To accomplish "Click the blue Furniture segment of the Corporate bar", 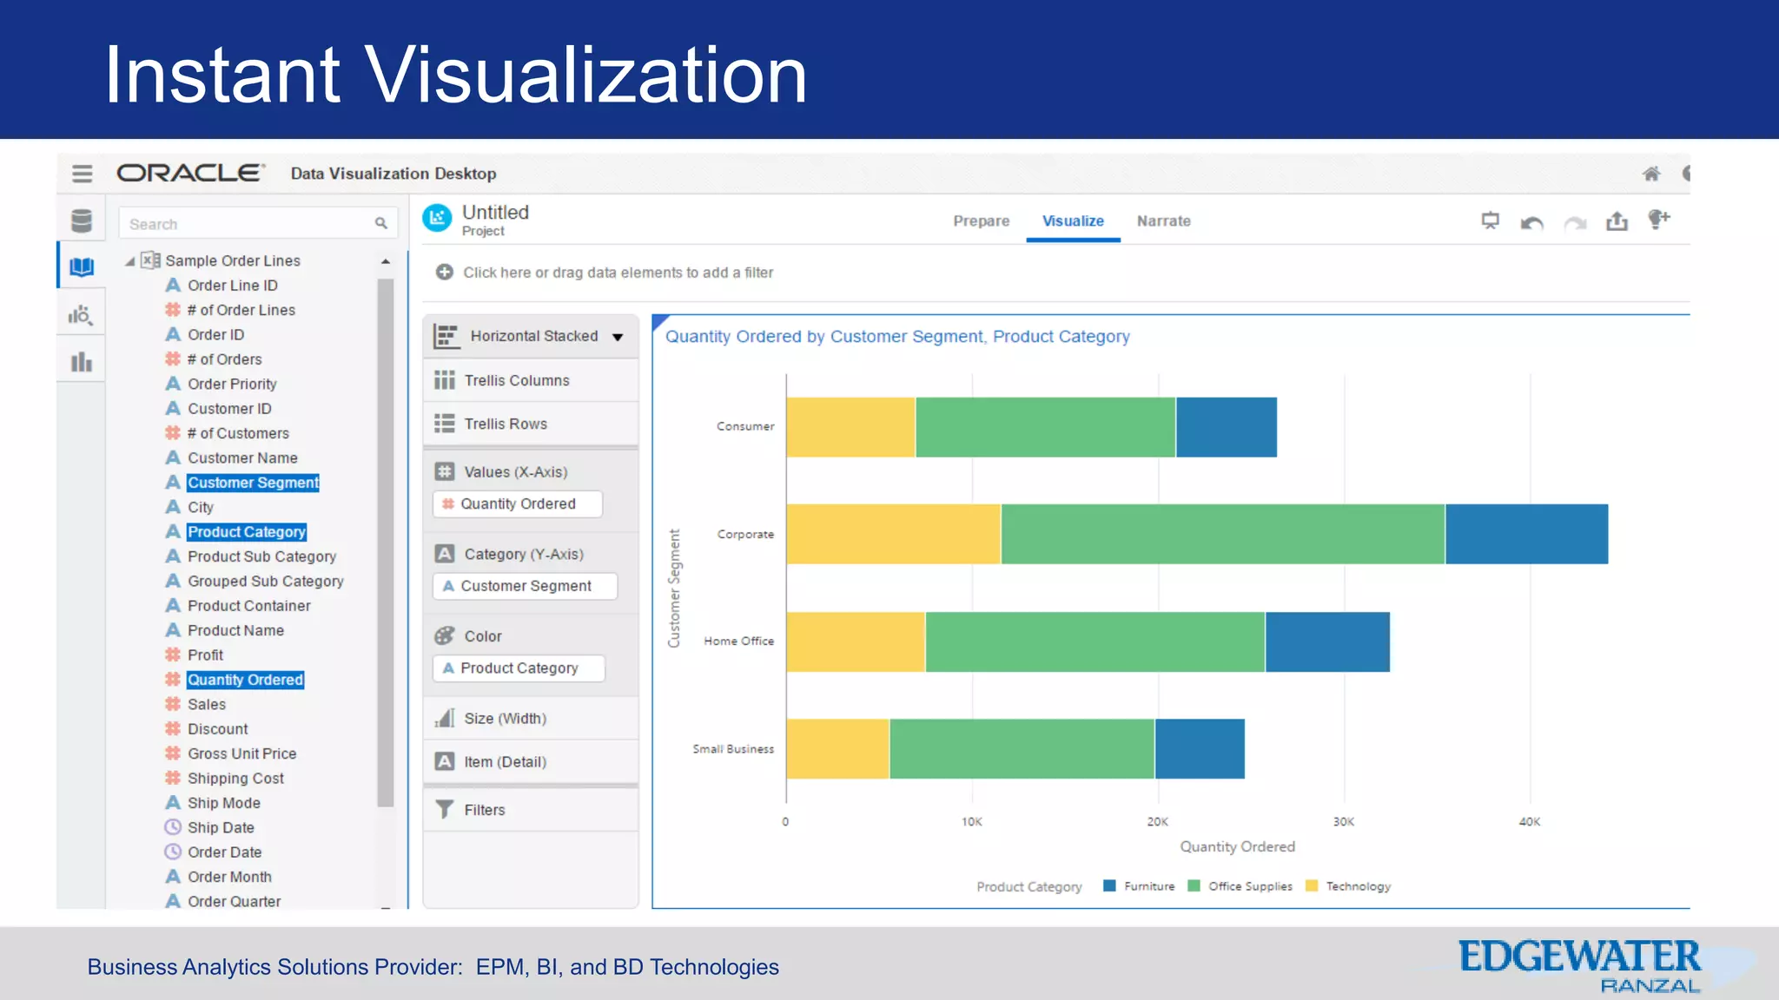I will click(1526, 534).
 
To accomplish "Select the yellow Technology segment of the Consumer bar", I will click(850, 427).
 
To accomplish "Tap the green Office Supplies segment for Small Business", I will click(1022, 748).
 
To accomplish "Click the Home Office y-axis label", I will click(738, 641).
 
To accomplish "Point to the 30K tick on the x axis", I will click(1343, 821).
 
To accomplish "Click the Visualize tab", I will click(1073, 221).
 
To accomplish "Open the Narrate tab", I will click(1163, 221).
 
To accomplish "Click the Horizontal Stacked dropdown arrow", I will click(618, 337).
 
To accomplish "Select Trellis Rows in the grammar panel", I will click(505, 424).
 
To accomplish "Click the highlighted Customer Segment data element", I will click(253, 483).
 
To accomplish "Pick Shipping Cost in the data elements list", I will click(235, 779).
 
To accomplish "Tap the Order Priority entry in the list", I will click(232, 384).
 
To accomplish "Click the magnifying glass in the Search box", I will click(380, 224).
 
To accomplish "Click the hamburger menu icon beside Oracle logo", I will click(83, 174).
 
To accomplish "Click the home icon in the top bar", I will click(1651, 174).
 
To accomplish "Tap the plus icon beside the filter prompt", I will click(445, 273).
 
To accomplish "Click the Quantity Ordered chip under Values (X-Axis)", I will click(518, 504).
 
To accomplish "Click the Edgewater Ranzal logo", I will click(1580, 965).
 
